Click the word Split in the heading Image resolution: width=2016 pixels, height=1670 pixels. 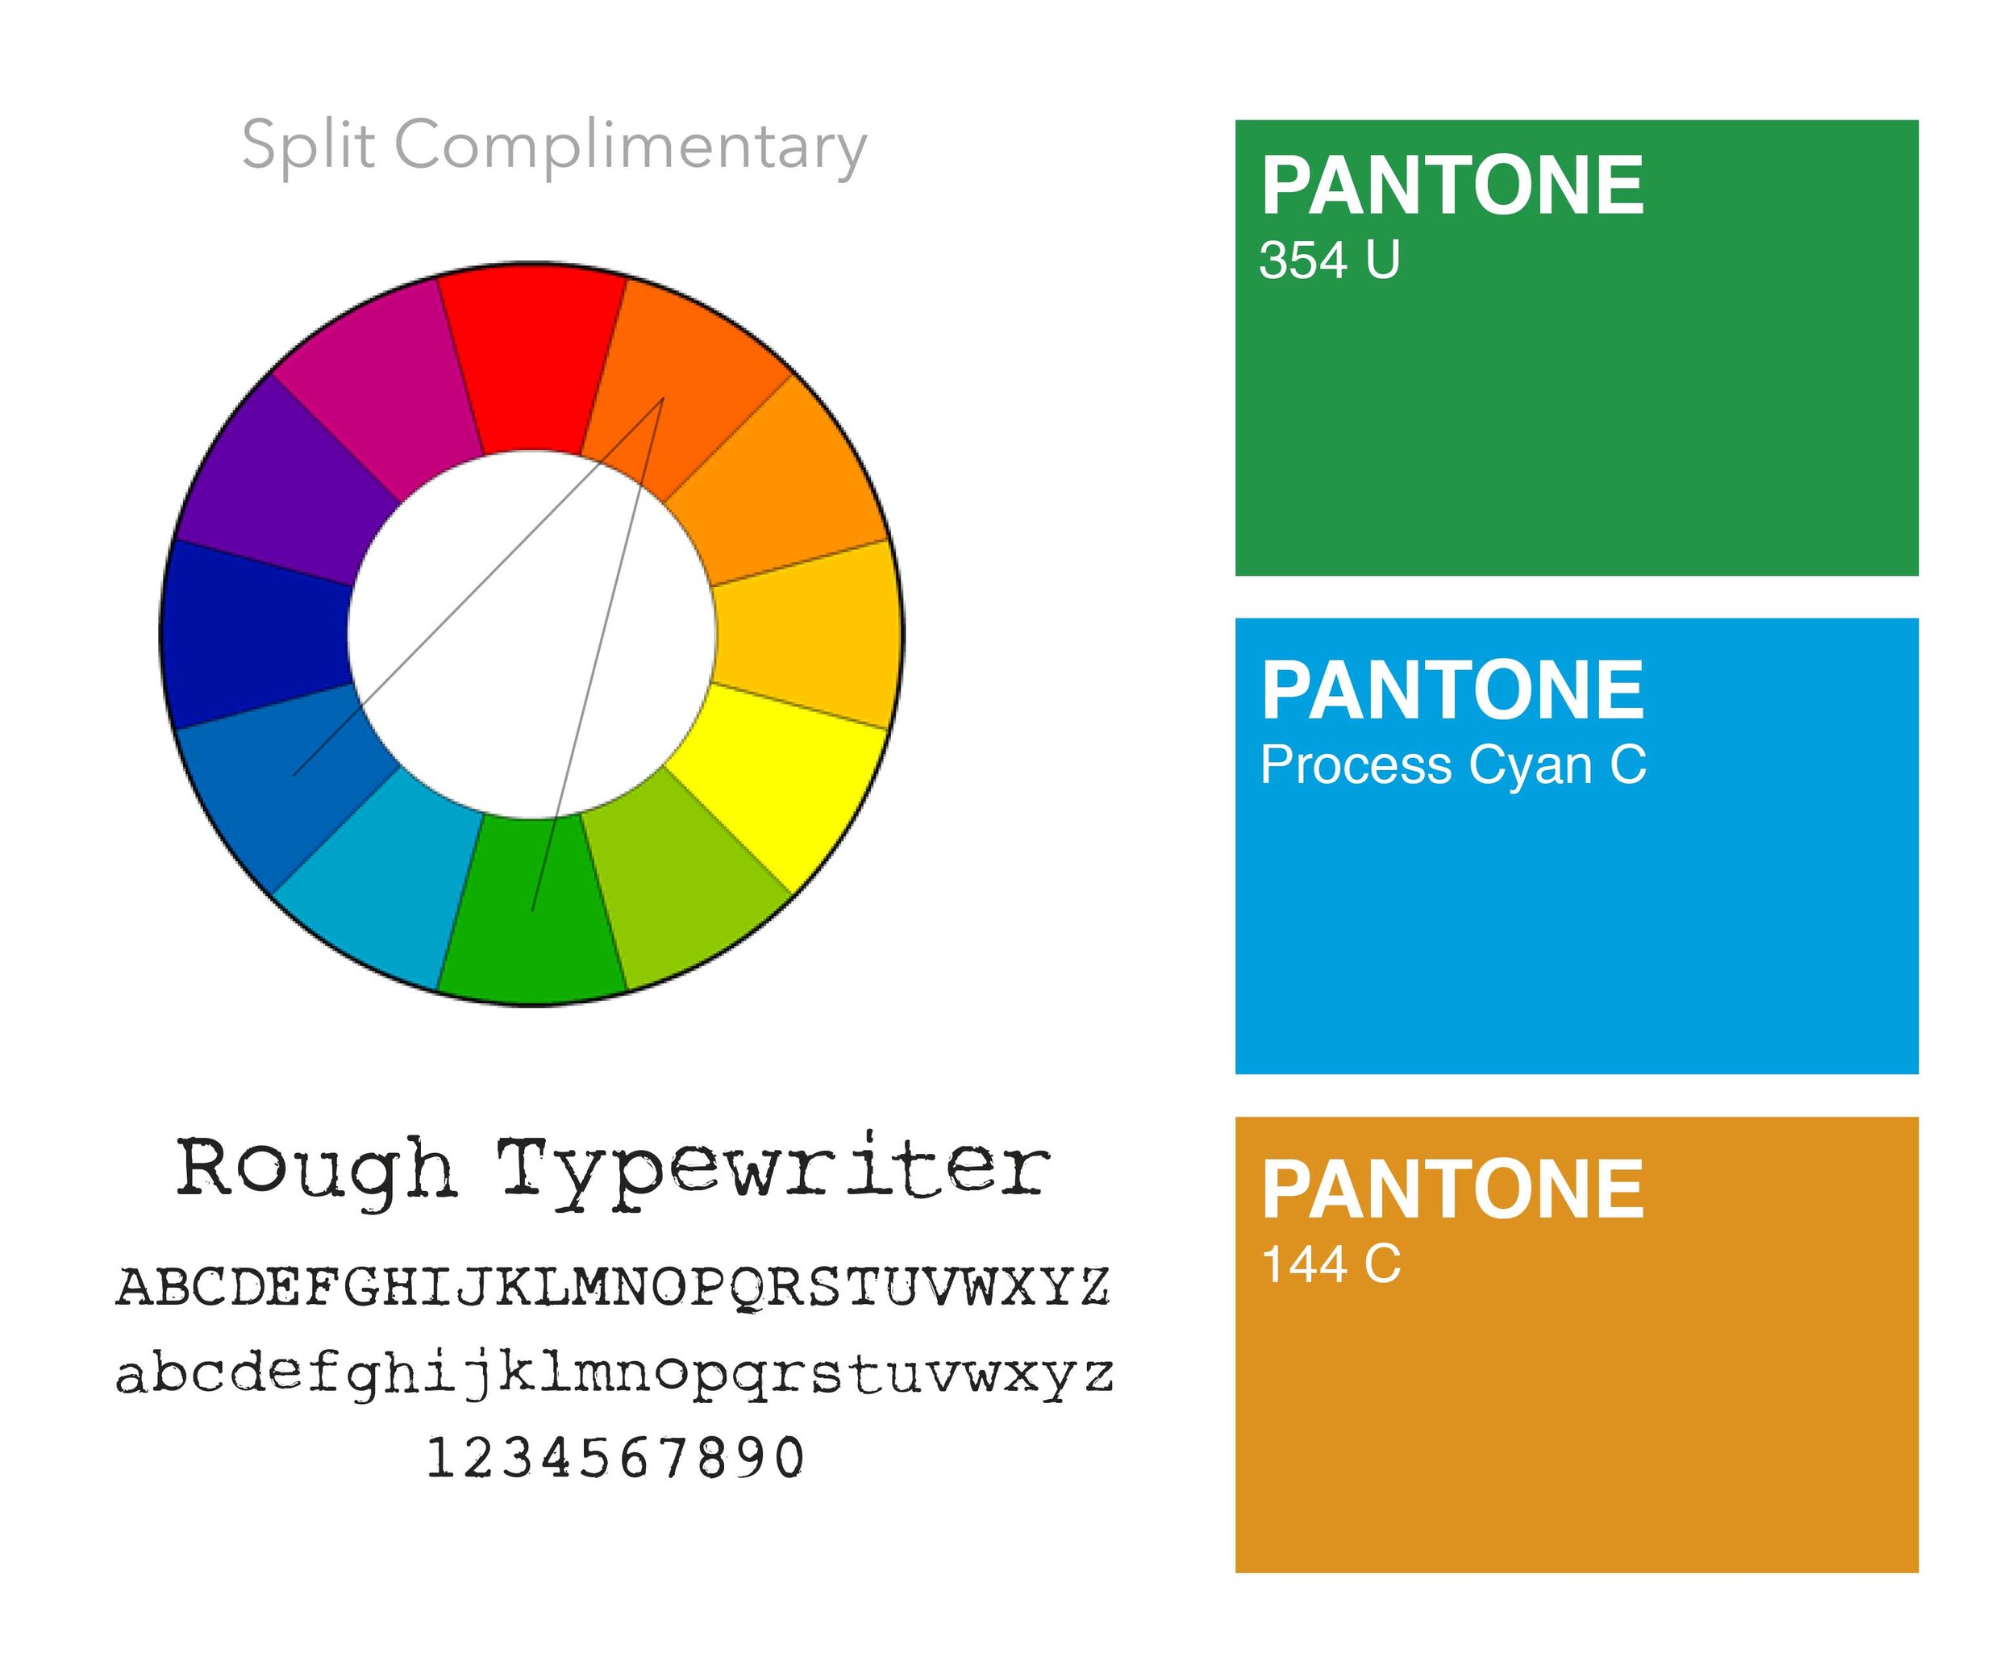[307, 146]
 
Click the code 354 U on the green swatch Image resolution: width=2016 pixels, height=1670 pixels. [1329, 260]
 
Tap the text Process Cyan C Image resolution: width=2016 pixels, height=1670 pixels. [1452, 765]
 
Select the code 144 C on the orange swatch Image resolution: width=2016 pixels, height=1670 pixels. [1331, 1264]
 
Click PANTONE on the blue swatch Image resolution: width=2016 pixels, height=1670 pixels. [1452, 690]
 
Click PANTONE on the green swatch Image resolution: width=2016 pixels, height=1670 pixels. [1452, 186]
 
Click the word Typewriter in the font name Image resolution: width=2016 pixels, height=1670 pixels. [773, 1171]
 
